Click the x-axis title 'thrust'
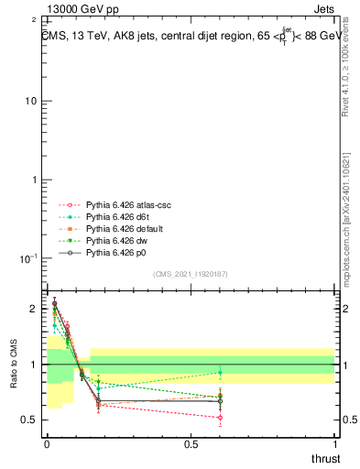(325, 457)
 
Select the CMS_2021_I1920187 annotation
(190, 274)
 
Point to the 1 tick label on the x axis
(335, 444)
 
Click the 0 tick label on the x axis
(47, 444)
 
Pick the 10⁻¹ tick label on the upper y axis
(28, 259)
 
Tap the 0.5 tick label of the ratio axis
(29, 420)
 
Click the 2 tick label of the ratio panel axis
(34, 310)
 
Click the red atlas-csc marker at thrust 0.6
(220, 418)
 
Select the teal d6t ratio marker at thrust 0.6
(220, 373)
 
